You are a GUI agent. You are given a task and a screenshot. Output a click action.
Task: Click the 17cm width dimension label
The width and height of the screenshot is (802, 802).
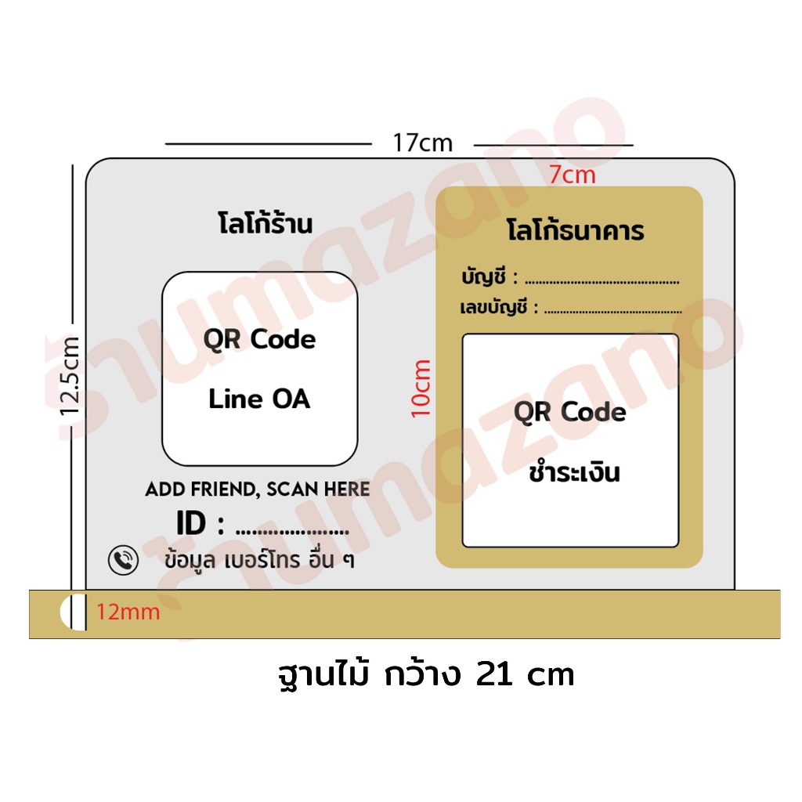pos(422,143)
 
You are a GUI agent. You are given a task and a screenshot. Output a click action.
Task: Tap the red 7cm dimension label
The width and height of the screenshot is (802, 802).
pos(573,175)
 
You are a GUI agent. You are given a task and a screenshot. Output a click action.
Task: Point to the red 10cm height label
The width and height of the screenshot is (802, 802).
pos(421,388)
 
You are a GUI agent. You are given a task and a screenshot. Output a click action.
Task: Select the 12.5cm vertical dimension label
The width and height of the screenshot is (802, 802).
pos(70,376)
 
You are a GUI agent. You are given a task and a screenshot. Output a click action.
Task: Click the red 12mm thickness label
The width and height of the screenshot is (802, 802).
pos(128,612)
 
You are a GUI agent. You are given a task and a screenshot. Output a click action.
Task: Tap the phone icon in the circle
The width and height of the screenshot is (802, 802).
pos(123,560)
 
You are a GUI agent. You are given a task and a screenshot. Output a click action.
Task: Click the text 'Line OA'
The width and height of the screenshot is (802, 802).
pos(259,399)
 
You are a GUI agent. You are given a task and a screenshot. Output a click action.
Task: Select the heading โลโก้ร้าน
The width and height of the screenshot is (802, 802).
pos(265,223)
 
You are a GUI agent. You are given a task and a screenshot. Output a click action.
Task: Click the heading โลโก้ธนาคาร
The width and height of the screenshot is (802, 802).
pos(576,229)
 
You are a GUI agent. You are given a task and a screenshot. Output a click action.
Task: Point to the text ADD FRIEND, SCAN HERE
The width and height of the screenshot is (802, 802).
pos(257,489)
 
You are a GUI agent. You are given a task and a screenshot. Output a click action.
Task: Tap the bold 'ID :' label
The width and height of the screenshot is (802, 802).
pos(200,522)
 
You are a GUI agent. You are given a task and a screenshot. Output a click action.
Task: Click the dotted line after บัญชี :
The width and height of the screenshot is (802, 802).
pos(602,282)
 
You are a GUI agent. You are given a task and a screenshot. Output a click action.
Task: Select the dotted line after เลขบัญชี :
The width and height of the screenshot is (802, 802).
pos(612,310)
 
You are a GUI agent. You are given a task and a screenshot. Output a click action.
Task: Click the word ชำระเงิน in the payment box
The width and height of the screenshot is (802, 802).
pos(574,471)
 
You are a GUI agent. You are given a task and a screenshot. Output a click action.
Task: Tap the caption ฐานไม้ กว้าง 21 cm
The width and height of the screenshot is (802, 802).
pos(426,674)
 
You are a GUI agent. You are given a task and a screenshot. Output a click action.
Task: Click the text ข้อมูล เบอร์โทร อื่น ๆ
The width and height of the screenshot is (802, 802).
pos(258,559)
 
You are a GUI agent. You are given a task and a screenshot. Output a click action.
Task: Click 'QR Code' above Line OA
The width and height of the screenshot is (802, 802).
pos(259,340)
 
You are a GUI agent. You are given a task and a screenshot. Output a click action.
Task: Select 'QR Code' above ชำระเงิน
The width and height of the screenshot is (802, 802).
pos(570,412)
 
